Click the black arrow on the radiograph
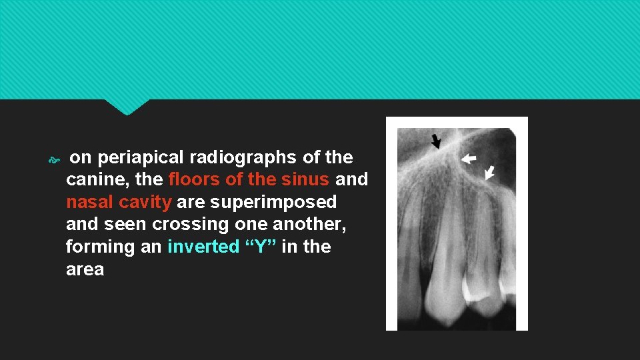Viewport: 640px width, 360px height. coord(436,141)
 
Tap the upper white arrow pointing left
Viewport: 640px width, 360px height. coord(469,158)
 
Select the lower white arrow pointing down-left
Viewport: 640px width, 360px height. coord(489,172)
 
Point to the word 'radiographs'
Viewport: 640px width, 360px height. coord(243,157)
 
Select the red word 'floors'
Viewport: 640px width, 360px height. coord(192,179)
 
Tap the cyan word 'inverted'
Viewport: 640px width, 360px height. coord(203,247)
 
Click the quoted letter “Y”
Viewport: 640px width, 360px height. coord(261,247)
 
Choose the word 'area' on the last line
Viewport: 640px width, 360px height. coord(85,269)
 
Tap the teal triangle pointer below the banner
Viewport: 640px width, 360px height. coord(127,107)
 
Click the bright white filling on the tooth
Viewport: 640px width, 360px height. coord(480,294)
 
